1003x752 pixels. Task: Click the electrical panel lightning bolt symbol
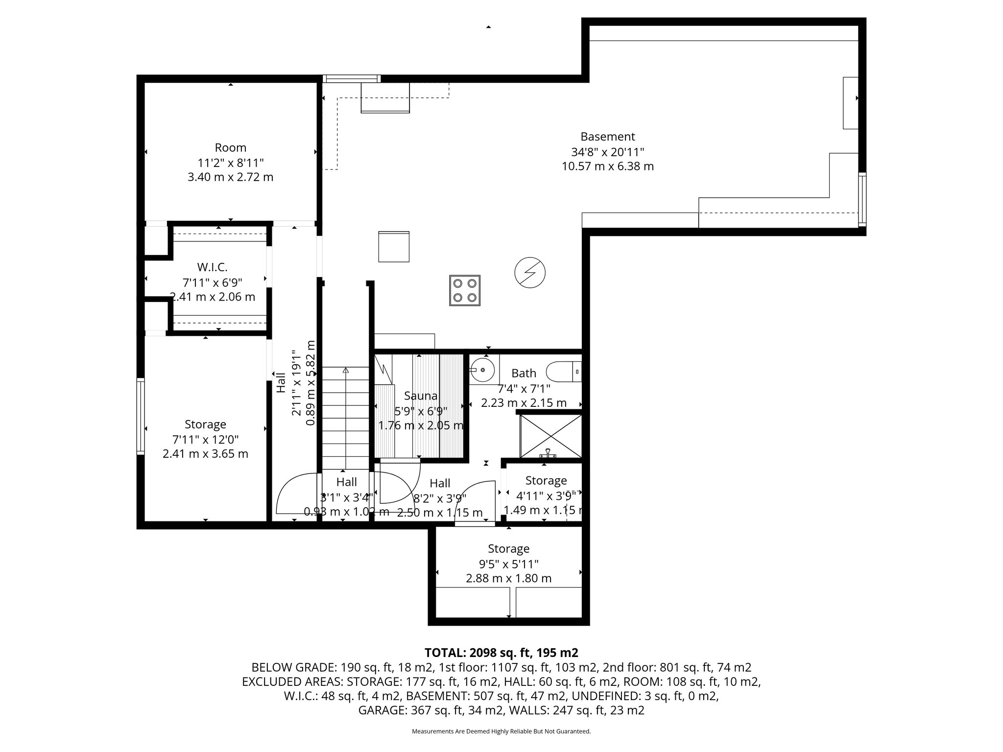click(530, 273)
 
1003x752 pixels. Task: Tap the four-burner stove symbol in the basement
click(465, 290)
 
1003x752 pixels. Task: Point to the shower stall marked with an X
click(550, 436)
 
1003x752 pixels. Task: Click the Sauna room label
click(421, 396)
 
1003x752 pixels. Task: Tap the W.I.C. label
click(212, 267)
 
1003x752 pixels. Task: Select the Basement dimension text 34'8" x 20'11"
click(607, 152)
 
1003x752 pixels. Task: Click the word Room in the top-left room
click(230, 147)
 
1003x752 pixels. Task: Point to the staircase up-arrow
click(346, 371)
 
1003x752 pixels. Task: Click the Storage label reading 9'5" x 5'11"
click(508, 549)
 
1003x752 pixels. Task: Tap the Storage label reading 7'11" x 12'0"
click(205, 424)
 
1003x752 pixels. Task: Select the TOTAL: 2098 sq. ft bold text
click(501, 653)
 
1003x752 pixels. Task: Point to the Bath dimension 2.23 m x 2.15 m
click(524, 403)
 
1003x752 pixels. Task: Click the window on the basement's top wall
click(351, 79)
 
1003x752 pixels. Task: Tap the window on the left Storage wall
click(141, 416)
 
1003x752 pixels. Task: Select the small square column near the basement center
click(393, 247)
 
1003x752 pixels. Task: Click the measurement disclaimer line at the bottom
click(501, 731)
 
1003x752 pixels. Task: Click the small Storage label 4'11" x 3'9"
click(546, 481)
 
